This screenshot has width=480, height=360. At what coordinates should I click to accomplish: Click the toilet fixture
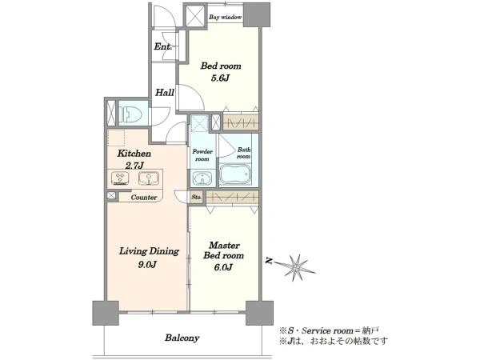tap(131, 114)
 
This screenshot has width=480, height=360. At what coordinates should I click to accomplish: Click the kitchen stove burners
tap(120, 178)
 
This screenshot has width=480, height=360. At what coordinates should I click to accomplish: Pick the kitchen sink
tap(149, 178)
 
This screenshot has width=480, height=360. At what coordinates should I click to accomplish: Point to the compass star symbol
tap(296, 268)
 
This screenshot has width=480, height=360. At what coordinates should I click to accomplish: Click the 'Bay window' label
tap(226, 17)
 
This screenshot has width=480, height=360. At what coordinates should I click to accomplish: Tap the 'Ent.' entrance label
tap(162, 46)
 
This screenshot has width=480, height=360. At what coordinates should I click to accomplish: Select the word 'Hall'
tap(165, 92)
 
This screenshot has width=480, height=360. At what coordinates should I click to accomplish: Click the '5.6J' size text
tap(220, 78)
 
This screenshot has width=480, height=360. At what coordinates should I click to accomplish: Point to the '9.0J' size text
tap(147, 264)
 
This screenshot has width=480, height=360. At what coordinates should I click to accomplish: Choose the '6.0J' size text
tap(223, 267)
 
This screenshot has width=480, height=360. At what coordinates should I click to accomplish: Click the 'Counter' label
tap(144, 198)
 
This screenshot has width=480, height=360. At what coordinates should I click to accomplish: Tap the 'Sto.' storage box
tap(197, 197)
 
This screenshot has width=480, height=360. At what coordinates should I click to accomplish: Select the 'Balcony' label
tap(182, 338)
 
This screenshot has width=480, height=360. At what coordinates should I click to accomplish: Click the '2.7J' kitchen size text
tap(134, 166)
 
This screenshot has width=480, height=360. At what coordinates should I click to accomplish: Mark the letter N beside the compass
tap(269, 261)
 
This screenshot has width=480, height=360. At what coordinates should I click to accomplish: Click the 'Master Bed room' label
tap(224, 250)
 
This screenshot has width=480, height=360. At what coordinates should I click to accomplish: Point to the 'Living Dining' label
tap(149, 251)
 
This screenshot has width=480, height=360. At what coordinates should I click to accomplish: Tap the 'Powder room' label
tap(202, 155)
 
